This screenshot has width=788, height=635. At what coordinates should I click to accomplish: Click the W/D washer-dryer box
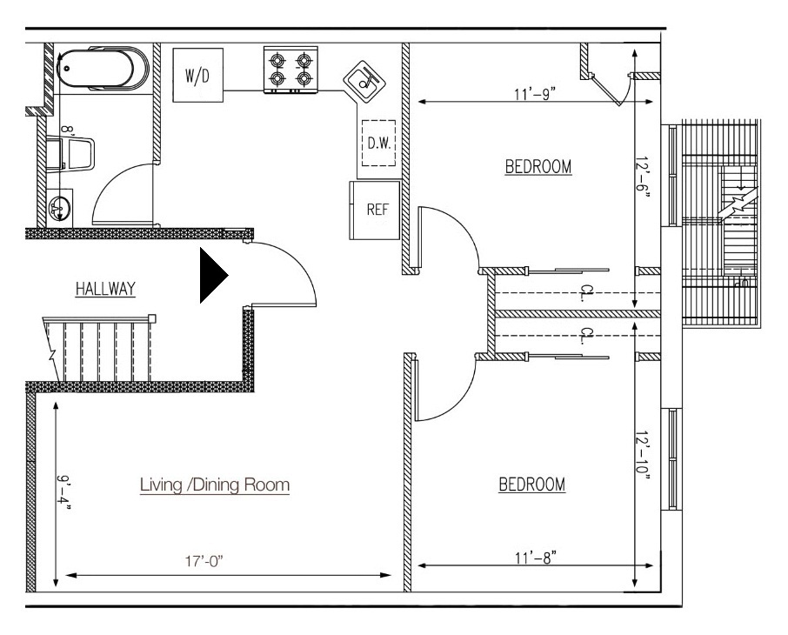(x=198, y=76)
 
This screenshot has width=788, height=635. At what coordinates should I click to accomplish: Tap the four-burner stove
(x=291, y=70)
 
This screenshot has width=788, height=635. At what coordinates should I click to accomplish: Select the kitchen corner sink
(x=364, y=82)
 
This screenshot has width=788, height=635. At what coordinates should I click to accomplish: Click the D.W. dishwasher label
(x=379, y=144)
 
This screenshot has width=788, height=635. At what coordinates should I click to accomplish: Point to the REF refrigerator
(x=375, y=211)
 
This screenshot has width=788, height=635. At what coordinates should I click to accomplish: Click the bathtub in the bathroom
(x=103, y=70)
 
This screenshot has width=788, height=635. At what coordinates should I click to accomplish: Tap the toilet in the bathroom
(x=70, y=154)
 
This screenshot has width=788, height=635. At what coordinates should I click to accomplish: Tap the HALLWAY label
(x=105, y=289)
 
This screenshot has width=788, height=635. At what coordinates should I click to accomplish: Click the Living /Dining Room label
(x=215, y=485)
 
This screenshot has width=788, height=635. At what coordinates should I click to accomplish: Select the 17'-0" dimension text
(x=204, y=561)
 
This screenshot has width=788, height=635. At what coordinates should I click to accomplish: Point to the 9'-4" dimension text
(x=63, y=493)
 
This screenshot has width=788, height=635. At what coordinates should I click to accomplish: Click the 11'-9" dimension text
(x=535, y=94)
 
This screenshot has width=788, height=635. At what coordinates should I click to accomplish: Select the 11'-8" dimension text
(x=536, y=558)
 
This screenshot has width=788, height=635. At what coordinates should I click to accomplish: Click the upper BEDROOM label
(x=538, y=166)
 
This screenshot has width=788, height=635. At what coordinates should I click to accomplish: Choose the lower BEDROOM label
(x=531, y=485)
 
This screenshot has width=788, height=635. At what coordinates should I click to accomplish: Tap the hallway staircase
(x=99, y=349)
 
